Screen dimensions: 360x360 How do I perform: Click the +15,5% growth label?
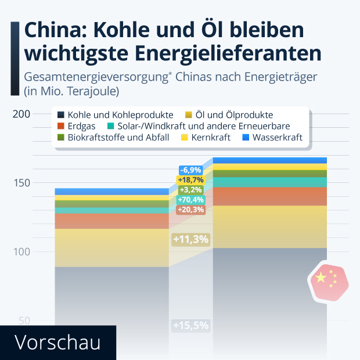(190, 325)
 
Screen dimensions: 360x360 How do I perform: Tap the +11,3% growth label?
(190, 239)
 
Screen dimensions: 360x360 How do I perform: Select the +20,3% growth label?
(190, 210)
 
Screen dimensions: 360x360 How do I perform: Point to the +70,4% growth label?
(190, 200)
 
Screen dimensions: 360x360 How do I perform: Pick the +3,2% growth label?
(190, 190)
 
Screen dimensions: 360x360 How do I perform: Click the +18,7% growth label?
(190, 180)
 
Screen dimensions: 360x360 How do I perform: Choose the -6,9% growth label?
(190, 170)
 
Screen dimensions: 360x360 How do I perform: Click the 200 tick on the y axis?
(21, 114)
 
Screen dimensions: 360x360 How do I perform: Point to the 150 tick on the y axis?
(21, 183)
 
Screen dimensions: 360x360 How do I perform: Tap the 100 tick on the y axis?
(21, 252)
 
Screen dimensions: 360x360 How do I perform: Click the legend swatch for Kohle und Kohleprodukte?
(60, 115)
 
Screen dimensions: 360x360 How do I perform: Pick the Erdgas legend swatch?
(60, 126)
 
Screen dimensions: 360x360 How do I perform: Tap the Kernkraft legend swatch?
(185, 138)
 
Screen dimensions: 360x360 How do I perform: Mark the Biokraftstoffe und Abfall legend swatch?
(60, 138)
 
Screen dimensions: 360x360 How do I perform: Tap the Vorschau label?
(57, 342)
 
